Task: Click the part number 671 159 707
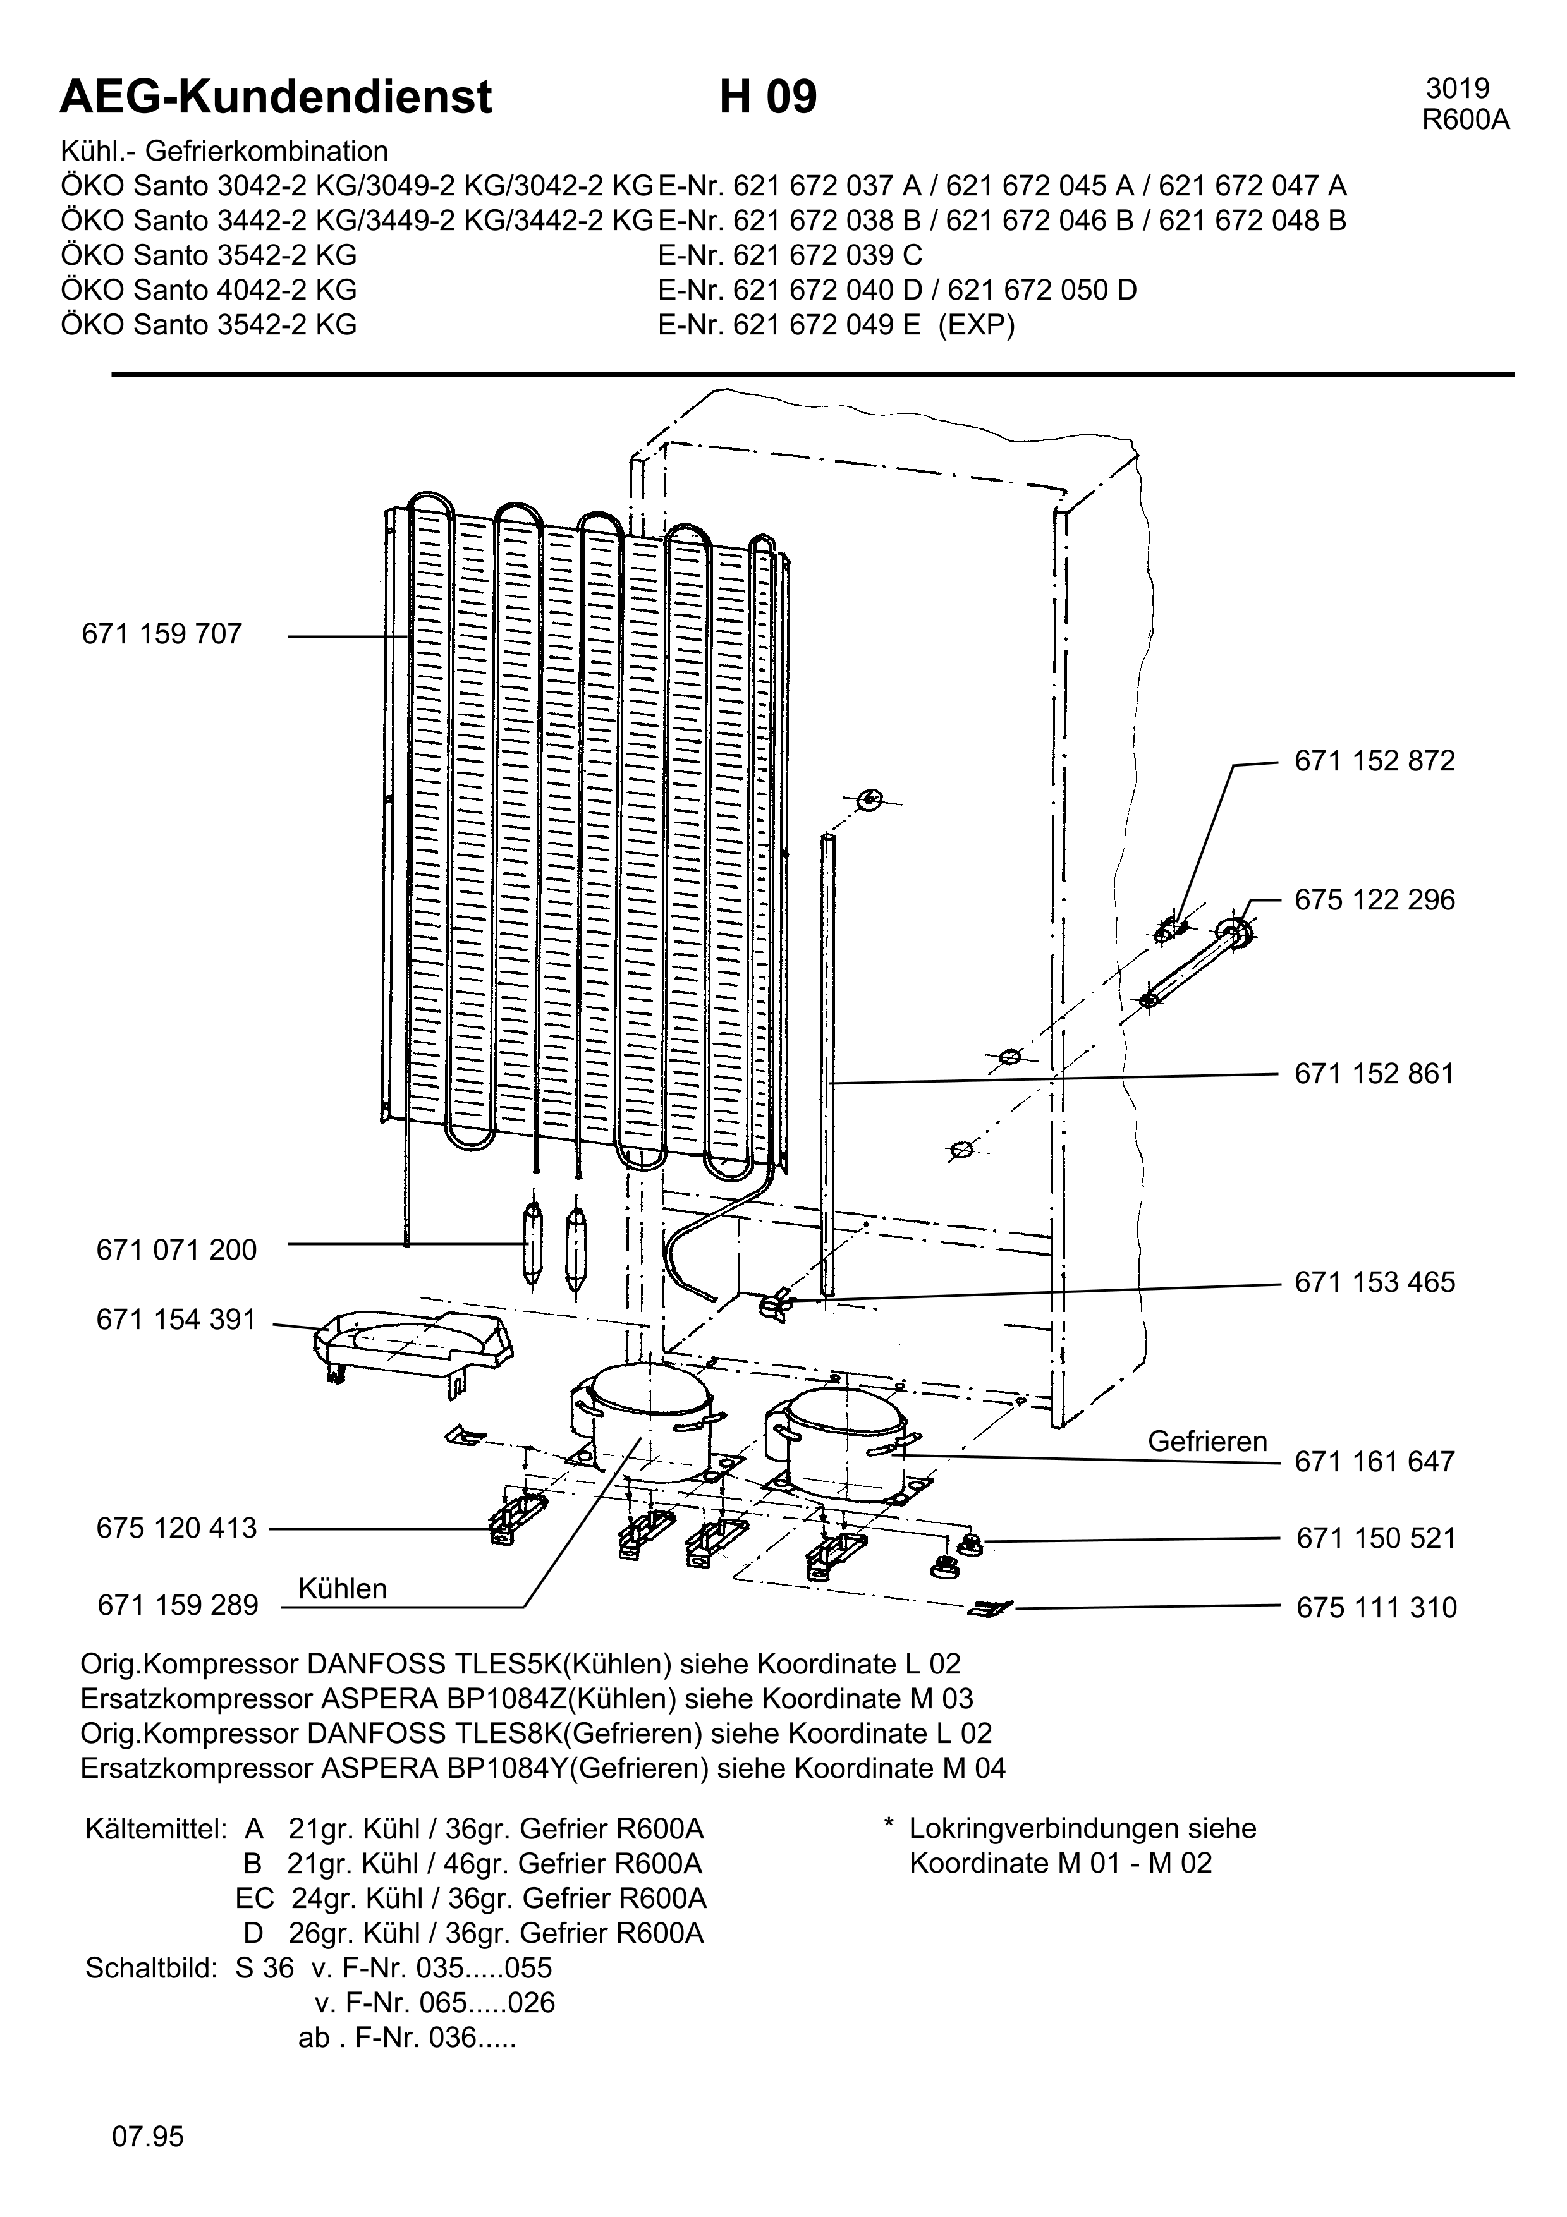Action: click(162, 635)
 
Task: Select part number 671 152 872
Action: click(1374, 761)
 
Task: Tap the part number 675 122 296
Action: click(1374, 900)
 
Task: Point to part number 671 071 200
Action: click(177, 1251)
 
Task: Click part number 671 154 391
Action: click(177, 1320)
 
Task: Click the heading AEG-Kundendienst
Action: click(276, 97)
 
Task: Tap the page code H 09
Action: click(767, 97)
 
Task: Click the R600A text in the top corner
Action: click(1466, 119)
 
